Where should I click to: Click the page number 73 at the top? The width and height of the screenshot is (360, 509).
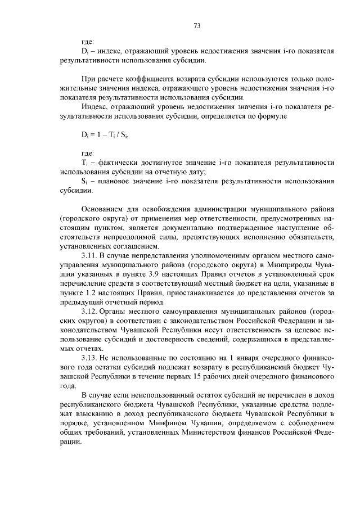tap(197, 25)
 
